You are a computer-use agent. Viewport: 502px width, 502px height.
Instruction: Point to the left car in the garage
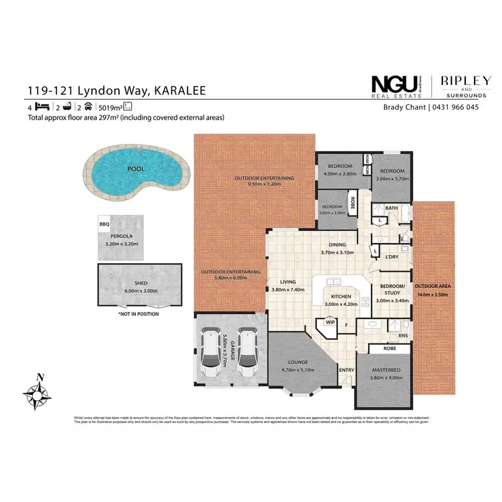click(210, 349)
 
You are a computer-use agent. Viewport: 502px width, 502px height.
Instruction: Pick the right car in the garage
click(248, 349)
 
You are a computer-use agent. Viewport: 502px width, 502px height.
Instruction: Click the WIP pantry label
click(329, 322)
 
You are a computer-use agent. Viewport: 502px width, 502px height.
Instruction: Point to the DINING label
click(337, 244)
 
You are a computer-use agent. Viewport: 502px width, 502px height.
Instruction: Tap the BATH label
click(392, 208)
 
